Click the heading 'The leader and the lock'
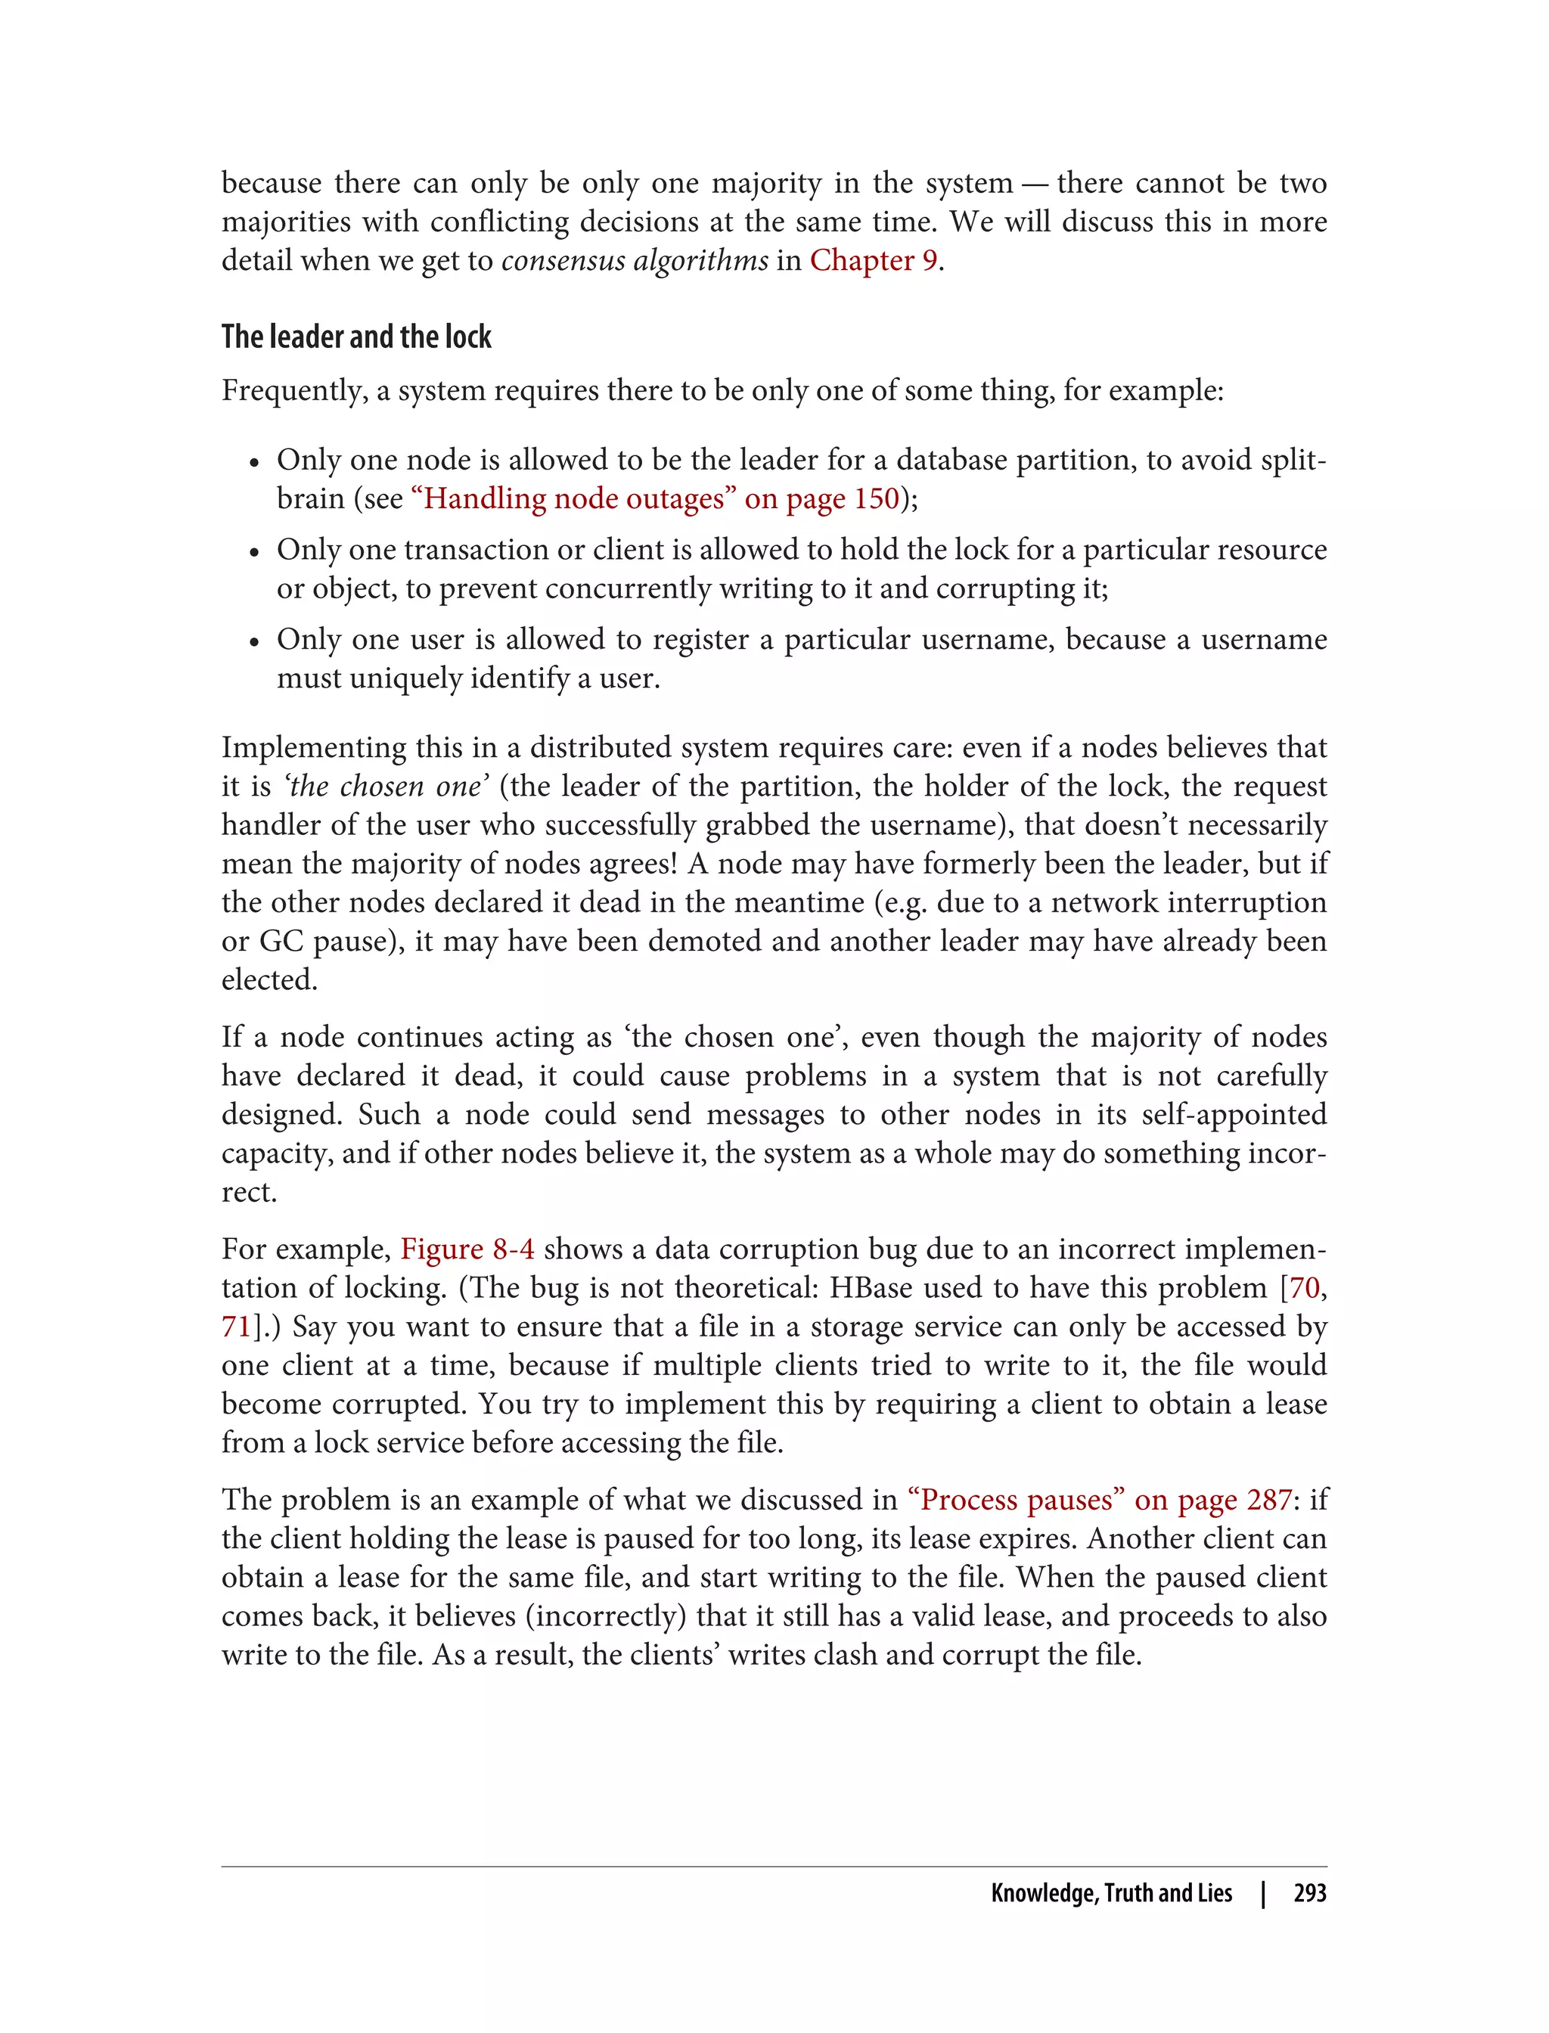(x=356, y=337)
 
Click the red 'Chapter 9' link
(x=873, y=261)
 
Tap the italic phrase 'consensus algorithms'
(x=635, y=261)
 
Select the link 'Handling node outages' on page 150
(x=655, y=499)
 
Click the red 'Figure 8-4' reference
(x=467, y=1249)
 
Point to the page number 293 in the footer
(x=1309, y=1893)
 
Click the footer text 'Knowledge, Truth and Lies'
(x=1111, y=1893)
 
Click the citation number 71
(x=236, y=1327)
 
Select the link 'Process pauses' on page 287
(x=1099, y=1500)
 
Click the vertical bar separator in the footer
(x=1263, y=1893)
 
